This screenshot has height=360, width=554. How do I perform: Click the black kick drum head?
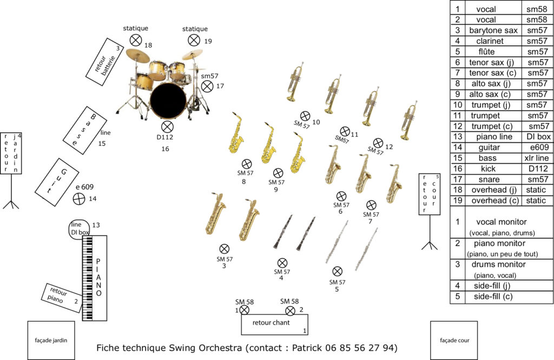point(168,101)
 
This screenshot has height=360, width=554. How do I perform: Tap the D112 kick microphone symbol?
point(167,126)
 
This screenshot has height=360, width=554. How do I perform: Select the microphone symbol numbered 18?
point(136,39)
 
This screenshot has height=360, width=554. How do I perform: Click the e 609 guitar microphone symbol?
point(79,198)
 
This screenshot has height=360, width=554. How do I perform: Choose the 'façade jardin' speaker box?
point(51,340)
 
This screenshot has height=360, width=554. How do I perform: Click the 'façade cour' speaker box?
point(453,340)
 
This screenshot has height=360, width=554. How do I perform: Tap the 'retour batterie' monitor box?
point(105,61)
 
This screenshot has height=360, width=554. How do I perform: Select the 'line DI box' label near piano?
point(80,229)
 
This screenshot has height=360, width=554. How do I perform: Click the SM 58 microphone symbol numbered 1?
point(244,310)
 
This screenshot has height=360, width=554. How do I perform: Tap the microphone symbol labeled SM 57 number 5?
point(337,271)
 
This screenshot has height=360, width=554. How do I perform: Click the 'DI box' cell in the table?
point(537,137)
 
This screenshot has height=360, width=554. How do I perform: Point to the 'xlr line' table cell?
point(537,158)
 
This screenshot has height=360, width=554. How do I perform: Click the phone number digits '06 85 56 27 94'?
point(365,347)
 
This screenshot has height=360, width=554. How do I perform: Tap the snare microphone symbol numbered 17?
point(207,86)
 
